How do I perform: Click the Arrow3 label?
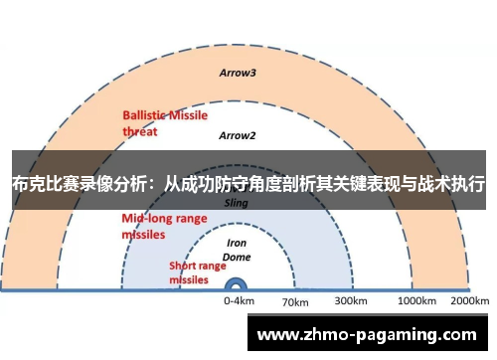[x=238, y=73]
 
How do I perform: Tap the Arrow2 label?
[x=238, y=135]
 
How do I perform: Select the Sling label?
[x=237, y=202]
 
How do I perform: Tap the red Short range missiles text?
[x=189, y=272]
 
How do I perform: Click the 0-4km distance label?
[x=239, y=300]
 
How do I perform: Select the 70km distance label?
[x=295, y=301]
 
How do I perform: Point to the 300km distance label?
[x=350, y=300]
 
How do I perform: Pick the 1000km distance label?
[x=416, y=300]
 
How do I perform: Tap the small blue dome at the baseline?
[x=239, y=284]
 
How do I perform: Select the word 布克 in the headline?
[x=27, y=185]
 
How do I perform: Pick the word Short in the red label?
[x=184, y=266]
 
